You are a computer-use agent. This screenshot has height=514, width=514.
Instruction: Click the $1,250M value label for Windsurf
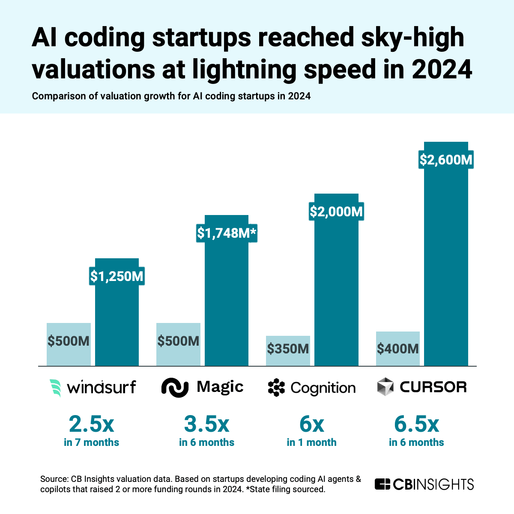[x=117, y=276]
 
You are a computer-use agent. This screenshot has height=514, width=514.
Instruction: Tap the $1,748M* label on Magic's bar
[x=227, y=233]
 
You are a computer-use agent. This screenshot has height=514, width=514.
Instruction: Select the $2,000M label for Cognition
[x=336, y=212]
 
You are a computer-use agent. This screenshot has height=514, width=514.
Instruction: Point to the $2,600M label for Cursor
[x=446, y=160]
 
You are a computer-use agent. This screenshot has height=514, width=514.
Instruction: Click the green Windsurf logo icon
[x=55, y=388]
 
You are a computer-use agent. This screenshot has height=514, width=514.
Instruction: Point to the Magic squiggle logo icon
[x=175, y=387]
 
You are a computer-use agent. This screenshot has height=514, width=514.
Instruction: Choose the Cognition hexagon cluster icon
[x=276, y=388]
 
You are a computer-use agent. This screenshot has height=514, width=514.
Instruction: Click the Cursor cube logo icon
[x=385, y=387]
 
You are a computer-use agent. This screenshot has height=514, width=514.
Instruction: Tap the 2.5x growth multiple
[x=91, y=424]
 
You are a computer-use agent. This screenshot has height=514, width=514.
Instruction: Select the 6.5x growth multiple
[x=416, y=424]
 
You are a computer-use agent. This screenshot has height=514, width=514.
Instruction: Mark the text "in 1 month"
[x=311, y=442]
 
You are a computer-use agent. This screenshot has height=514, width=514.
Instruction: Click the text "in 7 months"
[x=91, y=442]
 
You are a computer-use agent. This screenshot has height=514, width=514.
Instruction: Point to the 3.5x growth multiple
[x=206, y=424]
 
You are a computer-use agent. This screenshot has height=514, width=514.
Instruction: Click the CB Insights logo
[x=424, y=484]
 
